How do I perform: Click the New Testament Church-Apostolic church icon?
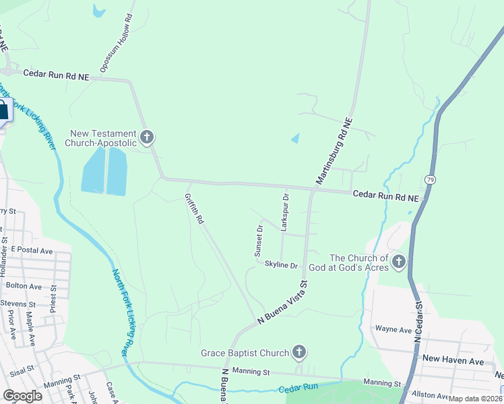pos(147,137)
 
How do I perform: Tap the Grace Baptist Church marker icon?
pos(299,352)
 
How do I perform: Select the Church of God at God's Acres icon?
pos(398,261)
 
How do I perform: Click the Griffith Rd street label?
pos(194,209)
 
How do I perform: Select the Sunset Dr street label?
pos(258,241)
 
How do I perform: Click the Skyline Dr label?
pos(281,265)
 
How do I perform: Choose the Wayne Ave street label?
pos(393,330)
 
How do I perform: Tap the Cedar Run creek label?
pos(297,390)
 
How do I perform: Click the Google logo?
pos(23,396)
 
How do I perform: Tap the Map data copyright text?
pos(475,399)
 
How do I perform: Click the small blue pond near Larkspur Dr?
pos(295,139)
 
